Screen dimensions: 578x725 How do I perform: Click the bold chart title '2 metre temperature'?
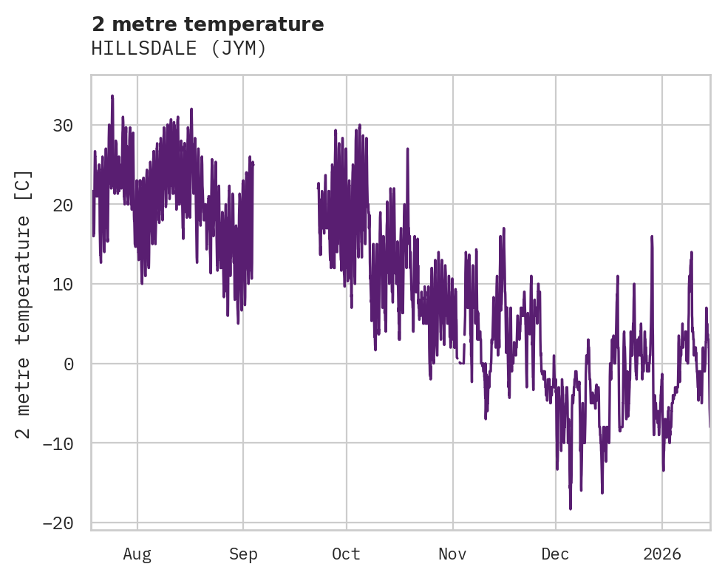208,24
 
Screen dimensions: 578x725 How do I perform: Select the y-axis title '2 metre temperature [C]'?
24,304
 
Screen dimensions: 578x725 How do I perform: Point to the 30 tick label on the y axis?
62,125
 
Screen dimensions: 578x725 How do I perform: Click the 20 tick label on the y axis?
62,205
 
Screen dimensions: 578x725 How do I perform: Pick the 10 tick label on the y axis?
62,284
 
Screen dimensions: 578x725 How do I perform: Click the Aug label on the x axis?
137,554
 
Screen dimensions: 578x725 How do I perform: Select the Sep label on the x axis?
243,554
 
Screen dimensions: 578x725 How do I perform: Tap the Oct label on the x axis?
346,554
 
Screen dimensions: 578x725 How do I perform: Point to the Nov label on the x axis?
452,554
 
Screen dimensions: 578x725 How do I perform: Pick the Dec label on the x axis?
555,554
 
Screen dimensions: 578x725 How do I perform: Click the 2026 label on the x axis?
661,554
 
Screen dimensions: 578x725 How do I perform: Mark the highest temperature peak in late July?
112,96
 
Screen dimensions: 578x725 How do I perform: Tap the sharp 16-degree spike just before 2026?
652,237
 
